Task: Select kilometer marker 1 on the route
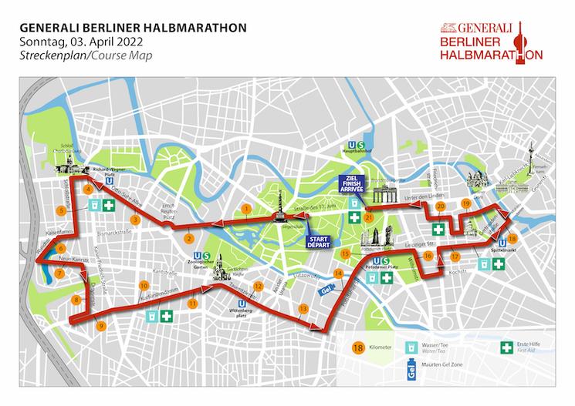pyautogui.click(x=246, y=208)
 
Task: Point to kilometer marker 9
pyautogui.click(x=100, y=326)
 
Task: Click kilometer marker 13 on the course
pyautogui.click(x=303, y=308)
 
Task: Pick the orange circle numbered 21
pyautogui.click(x=369, y=218)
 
